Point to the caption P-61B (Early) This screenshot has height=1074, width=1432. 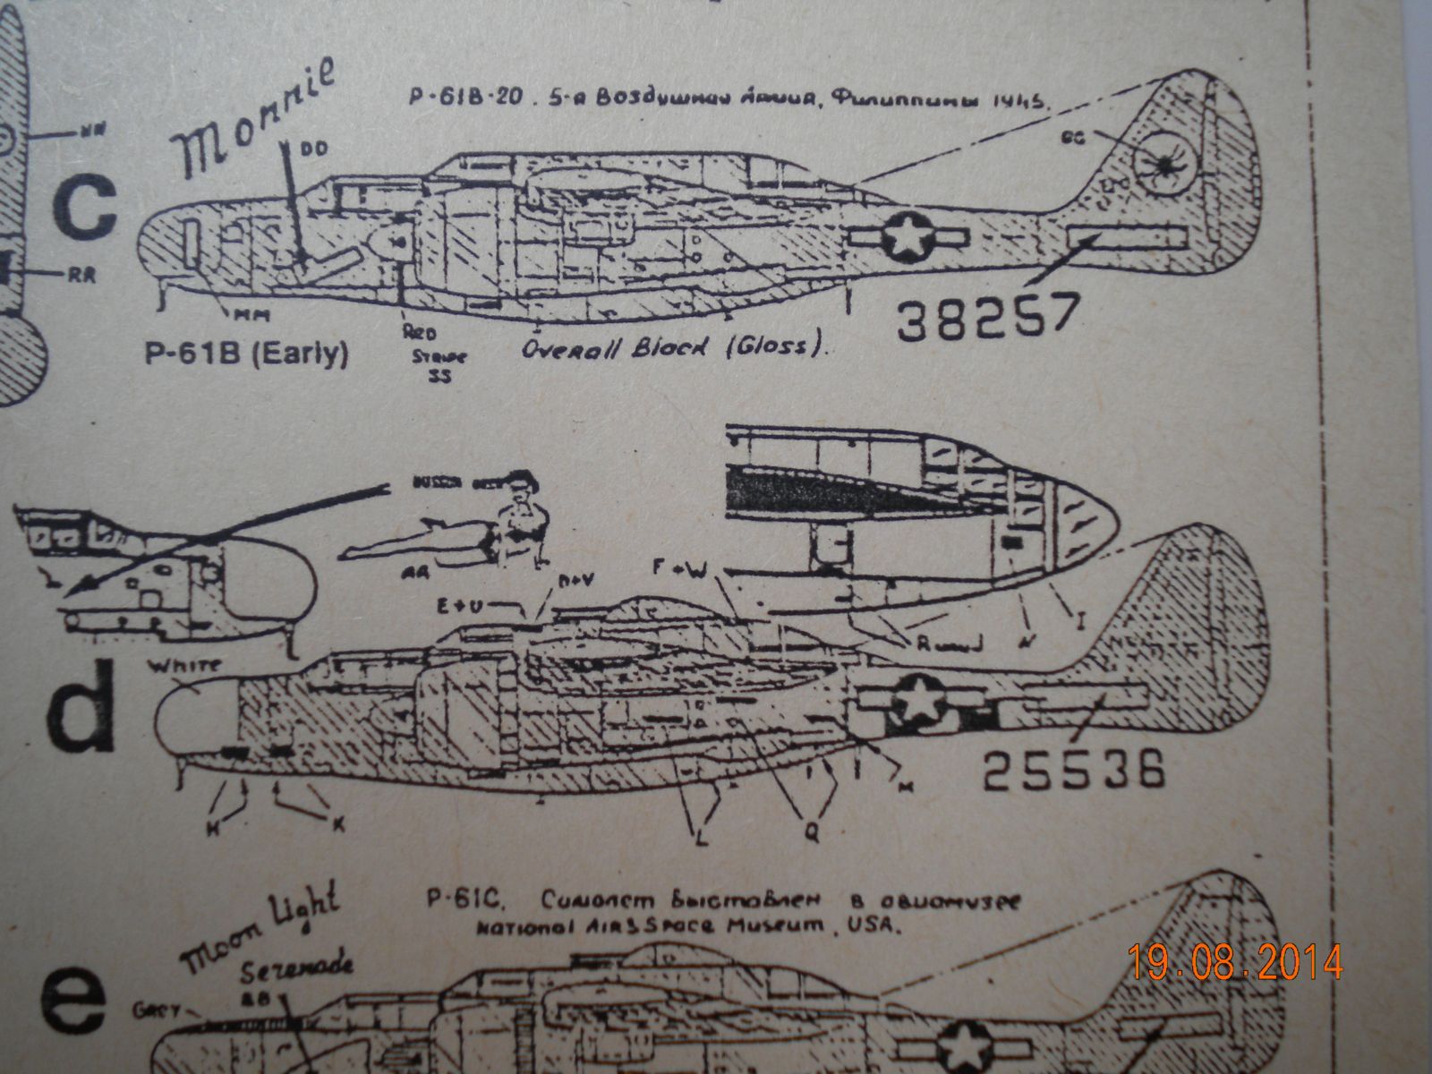(246, 355)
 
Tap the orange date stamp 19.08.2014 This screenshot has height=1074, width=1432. (1235, 963)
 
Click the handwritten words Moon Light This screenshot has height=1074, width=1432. (260, 931)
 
